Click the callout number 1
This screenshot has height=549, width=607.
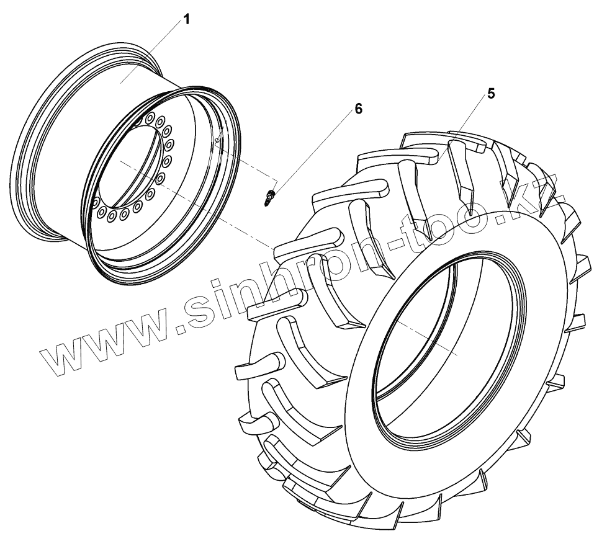coord(187,19)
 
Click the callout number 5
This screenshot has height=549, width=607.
coord(491,93)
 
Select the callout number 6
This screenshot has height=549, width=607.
coord(359,109)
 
